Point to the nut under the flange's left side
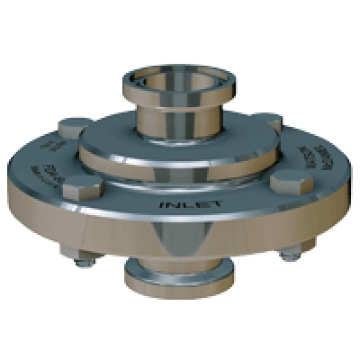(82, 261)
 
